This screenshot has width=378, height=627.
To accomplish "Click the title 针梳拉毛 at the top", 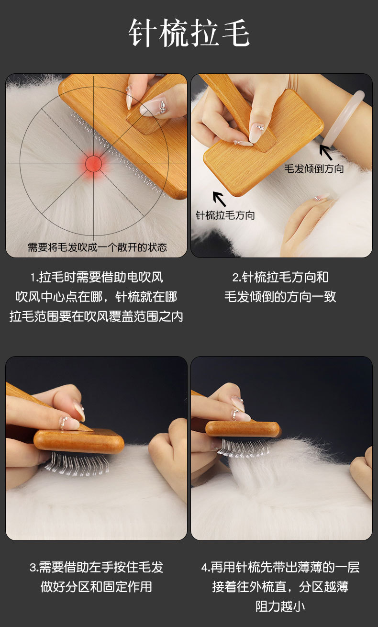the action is click(x=189, y=33).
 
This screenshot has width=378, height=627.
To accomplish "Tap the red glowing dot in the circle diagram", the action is click(x=93, y=164).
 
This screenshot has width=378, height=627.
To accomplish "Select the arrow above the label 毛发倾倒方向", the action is click(x=325, y=153).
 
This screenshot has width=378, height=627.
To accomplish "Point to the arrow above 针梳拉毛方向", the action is click(x=219, y=199).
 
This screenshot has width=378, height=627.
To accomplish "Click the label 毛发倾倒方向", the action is click(x=314, y=169).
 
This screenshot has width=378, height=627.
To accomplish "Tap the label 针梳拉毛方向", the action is click(x=225, y=215).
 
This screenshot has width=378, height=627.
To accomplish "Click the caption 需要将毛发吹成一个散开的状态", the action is click(x=97, y=247).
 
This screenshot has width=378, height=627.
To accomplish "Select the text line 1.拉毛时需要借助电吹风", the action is click(x=97, y=278).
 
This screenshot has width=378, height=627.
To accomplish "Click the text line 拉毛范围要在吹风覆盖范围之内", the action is click(x=96, y=316).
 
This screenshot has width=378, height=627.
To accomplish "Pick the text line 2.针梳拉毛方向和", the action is click(x=280, y=278).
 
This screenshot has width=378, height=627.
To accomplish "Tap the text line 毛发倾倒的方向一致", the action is click(x=280, y=297).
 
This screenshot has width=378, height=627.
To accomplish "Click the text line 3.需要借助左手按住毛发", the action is click(x=97, y=567).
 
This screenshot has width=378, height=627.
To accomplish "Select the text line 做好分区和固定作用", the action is click(x=97, y=587).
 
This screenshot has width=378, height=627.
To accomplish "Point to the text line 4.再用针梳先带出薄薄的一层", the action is click(x=280, y=567).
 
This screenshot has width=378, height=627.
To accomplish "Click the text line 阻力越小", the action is click(x=280, y=606).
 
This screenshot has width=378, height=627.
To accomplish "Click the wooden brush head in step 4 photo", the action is click(x=243, y=429).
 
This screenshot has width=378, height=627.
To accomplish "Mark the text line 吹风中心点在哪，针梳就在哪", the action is click(x=96, y=297).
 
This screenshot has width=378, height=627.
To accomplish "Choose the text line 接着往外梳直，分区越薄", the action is click(x=280, y=587).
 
